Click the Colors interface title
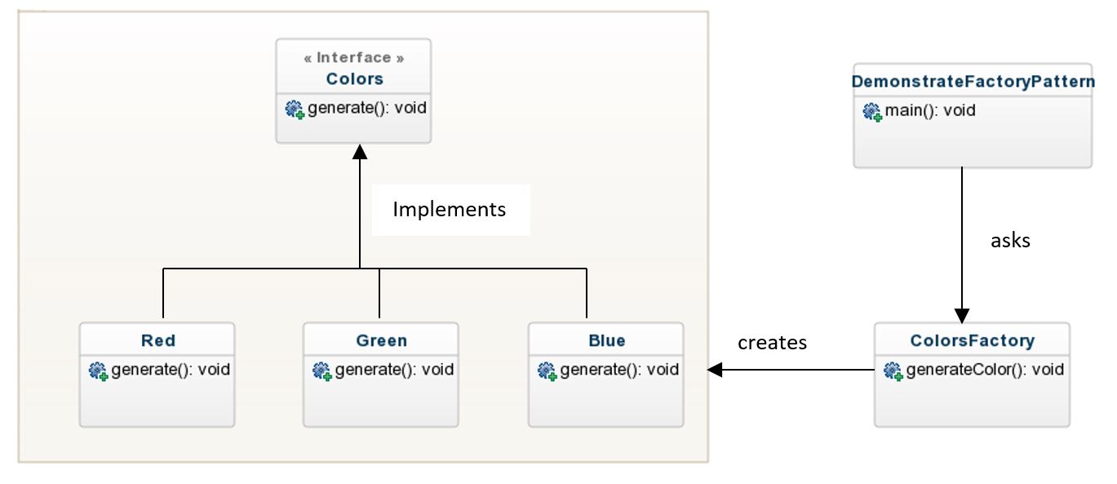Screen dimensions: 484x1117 tap(354, 79)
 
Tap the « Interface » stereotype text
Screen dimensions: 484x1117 tap(354, 58)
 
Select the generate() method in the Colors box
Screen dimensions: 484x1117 tap(366, 108)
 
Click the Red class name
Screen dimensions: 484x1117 tap(157, 340)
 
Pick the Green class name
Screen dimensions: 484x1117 tap(381, 340)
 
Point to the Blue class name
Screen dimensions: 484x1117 tap(606, 340)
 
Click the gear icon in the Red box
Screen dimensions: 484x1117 tap(98, 371)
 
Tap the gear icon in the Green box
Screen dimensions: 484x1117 tap(321, 371)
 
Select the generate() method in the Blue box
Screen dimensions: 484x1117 tap(618, 370)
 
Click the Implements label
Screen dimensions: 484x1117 tap(449, 210)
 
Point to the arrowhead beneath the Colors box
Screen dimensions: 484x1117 tap(360, 151)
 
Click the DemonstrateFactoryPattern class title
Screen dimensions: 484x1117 tap(973, 82)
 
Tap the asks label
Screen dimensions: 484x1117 tap(1010, 241)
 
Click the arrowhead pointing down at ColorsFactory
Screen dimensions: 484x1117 tap(962, 316)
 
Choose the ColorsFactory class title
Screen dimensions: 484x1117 tap(972, 340)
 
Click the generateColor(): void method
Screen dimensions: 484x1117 tap(984, 370)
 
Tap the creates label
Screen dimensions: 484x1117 tap(772, 343)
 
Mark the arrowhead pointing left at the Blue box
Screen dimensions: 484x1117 tap(715, 370)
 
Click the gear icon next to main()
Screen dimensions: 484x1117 tap(872, 112)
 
